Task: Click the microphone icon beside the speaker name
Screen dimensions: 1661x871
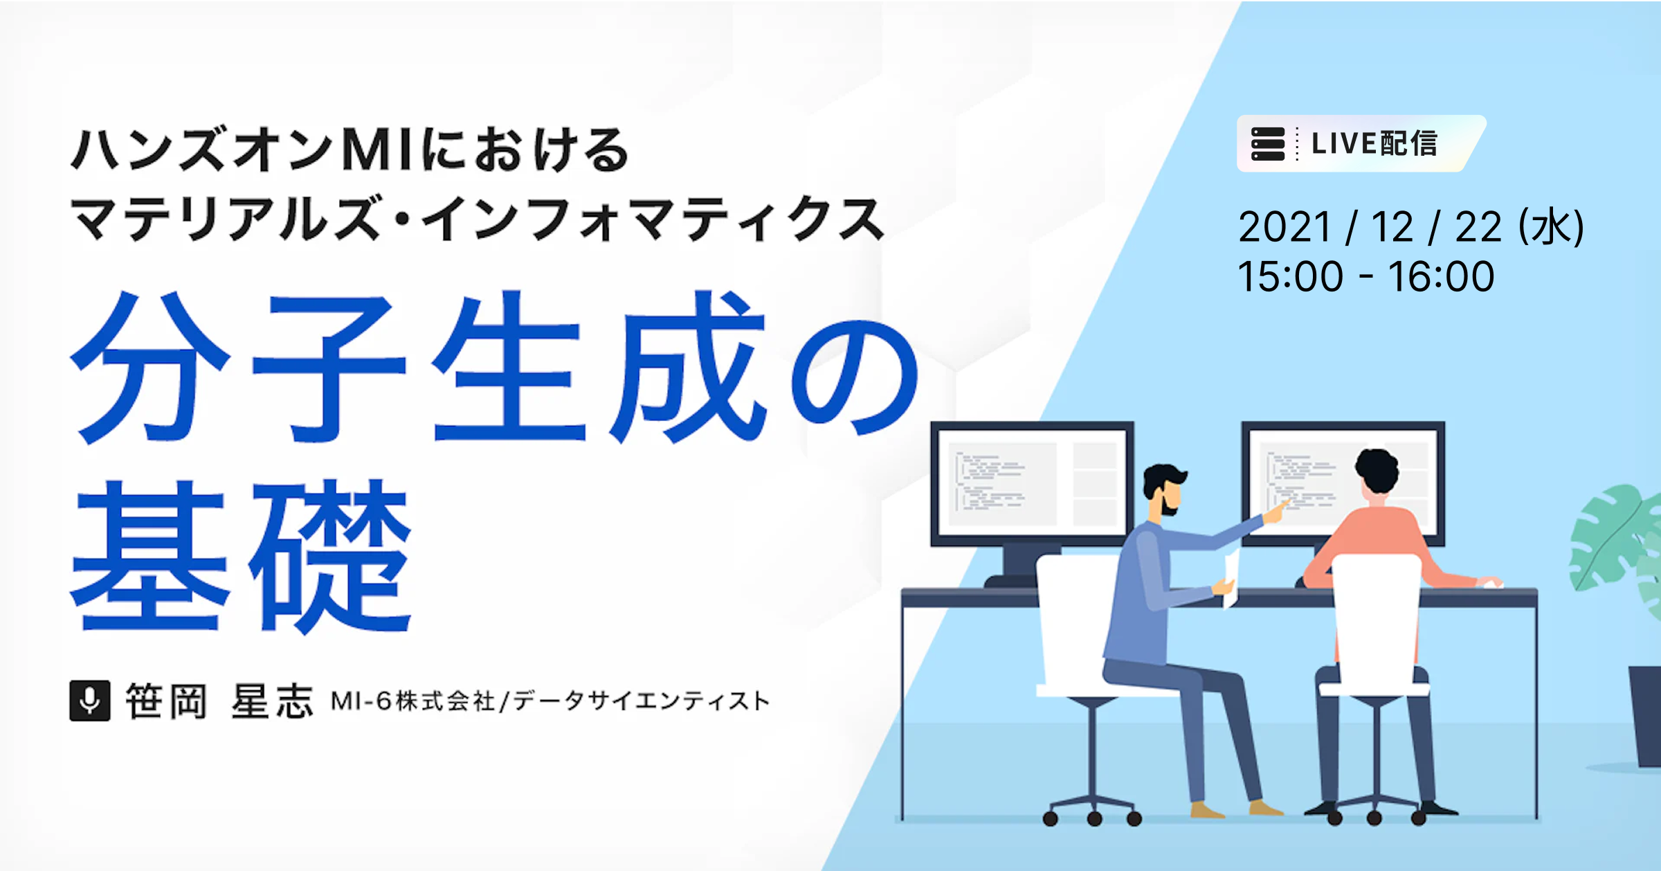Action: click(x=90, y=701)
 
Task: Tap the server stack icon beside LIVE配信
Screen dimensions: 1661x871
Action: click(x=1268, y=143)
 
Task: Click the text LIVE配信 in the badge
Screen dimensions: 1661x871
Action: click(x=1374, y=143)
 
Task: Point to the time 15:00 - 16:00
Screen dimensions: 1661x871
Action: click(x=1366, y=276)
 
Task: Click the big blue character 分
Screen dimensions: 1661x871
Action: click(x=150, y=367)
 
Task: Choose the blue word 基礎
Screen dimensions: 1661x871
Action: click(x=241, y=555)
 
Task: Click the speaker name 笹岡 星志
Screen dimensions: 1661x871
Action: click(x=219, y=701)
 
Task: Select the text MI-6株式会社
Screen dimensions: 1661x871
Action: click(x=412, y=701)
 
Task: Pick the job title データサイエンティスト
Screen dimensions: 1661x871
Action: click(x=641, y=701)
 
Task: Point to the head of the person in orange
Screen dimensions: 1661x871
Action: click(x=1377, y=472)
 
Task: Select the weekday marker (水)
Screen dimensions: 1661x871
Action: click(x=1550, y=226)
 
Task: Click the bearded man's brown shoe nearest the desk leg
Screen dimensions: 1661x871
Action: click(x=1207, y=809)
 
